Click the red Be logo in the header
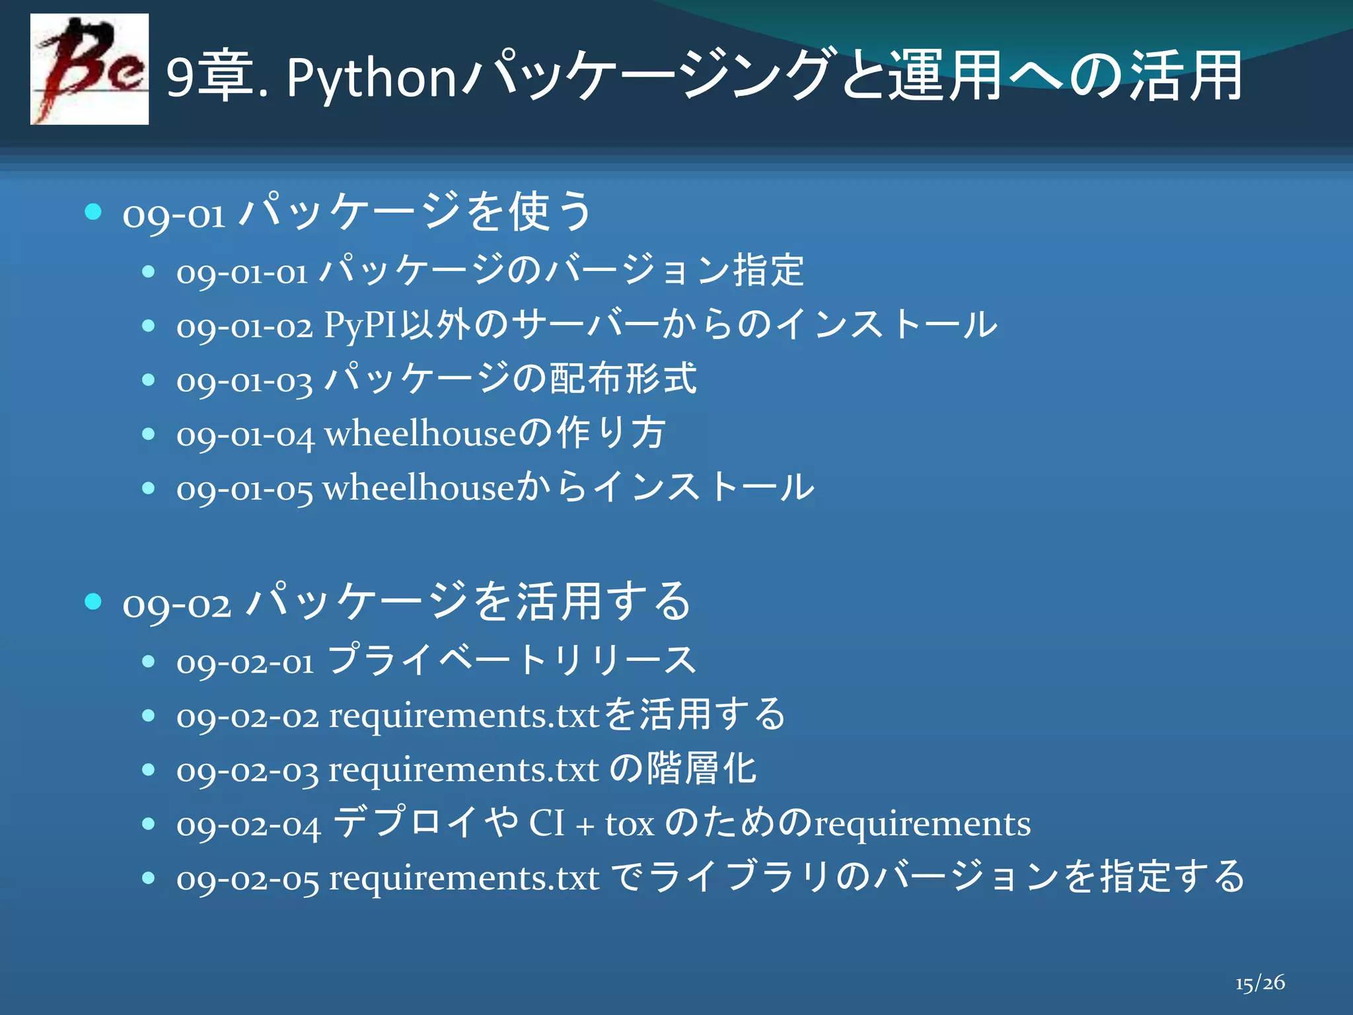pyautogui.click(x=89, y=69)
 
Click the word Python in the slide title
pyautogui.click(x=371, y=79)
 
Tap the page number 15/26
pyautogui.click(x=1260, y=983)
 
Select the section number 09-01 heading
pyautogui.click(x=174, y=215)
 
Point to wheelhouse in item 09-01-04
pyautogui.click(x=420, y=434)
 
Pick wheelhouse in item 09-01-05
pyautogui.click(x=418, y=488)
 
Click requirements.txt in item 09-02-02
pyautogui.click(x=464, y=716)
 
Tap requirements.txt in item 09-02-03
pyautogui.click(x=463, y=770)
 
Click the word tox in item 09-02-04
pyautogui.click(x=630, y=824)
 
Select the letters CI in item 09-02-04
pyautogui.click(x=546, y=824)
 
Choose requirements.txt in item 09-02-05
pyautogui.click(x=464, y=878)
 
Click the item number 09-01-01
pyautogui.click(x=242, y=272)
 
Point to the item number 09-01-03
pyautogui.click(x=244, y=381)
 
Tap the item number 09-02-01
pyautogui.click(x=245, y=661)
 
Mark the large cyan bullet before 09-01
pyautogui.click(x=93, y=211)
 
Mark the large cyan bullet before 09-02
pyautogui.click(x=93, y=601)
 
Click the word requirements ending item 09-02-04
pyautogui.click(x=922, y=824)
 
